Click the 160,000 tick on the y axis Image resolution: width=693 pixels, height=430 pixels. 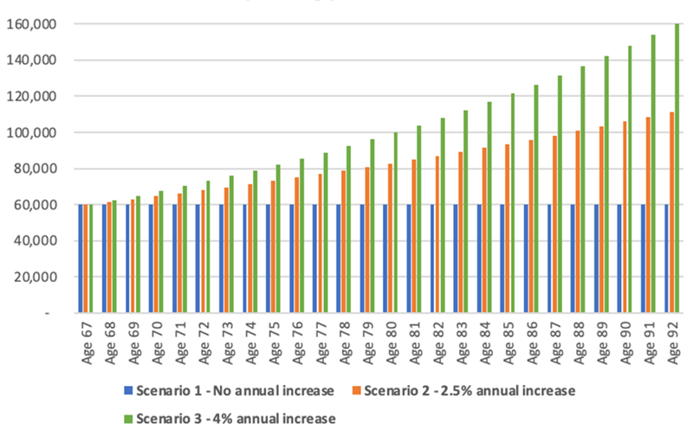pyautogui.click(x=30, y=24)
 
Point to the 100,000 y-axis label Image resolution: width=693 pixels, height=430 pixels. pyautogui.click(x=30, y=132)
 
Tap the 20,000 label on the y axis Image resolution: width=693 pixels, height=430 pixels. pyautogui.click(x=34, y=277)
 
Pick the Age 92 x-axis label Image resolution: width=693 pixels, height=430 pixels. pyautogui.click(x=672, y=343)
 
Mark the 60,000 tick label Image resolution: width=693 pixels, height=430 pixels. pyautogui.click(x=34, y=205)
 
